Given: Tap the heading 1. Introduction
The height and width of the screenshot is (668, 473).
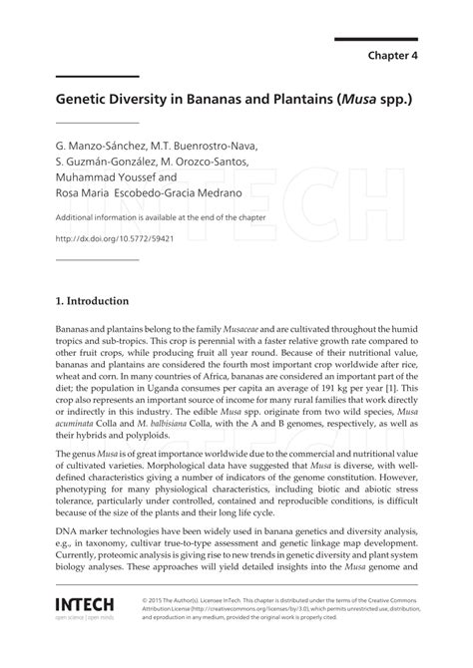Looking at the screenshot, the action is [92, 300].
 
